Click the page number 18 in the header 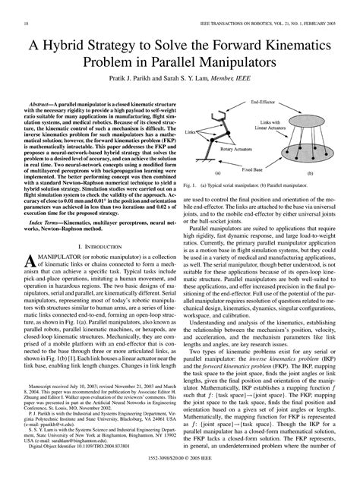[x=16, y=25]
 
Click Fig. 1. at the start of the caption [x=191, y=185]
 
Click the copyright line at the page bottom [x=179, y=471]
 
